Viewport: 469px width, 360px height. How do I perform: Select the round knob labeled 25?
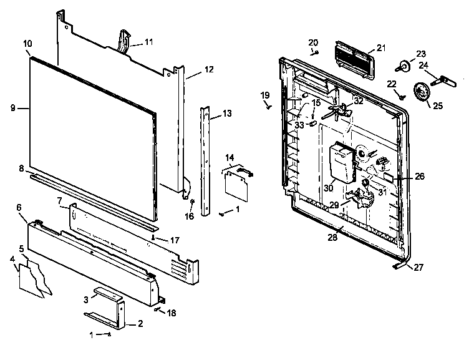coord(423,92)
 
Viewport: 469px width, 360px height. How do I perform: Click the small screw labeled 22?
coord(402,96)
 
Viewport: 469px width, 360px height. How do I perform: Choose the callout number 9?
coord(12,108)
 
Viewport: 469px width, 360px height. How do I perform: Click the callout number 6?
coord(19,207)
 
